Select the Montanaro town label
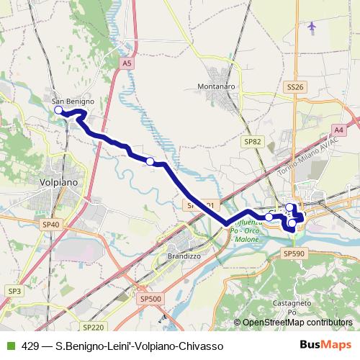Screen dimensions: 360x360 216,86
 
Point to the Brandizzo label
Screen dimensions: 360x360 184,256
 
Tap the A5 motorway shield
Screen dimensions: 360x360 127,63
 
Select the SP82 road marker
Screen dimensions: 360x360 252,142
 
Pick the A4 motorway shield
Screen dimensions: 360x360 338,130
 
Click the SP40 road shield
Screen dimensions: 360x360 50,225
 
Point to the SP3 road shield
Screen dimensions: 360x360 14,290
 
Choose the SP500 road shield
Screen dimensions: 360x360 151,299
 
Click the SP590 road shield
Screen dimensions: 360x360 294,253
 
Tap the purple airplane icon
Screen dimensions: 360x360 311,27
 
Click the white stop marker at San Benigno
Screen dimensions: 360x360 58,110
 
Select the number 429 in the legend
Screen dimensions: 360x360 30,346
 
